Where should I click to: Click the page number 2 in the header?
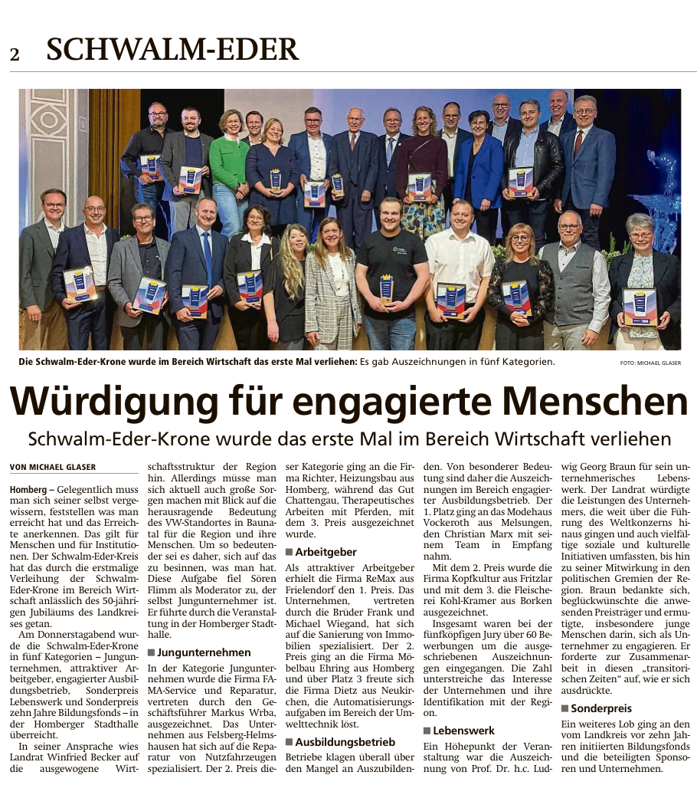point(15,54)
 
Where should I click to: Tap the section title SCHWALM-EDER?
point(172,50)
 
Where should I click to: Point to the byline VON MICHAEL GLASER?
point(53,467)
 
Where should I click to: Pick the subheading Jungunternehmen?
point(204,652)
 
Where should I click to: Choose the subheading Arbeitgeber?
point(325,551)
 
